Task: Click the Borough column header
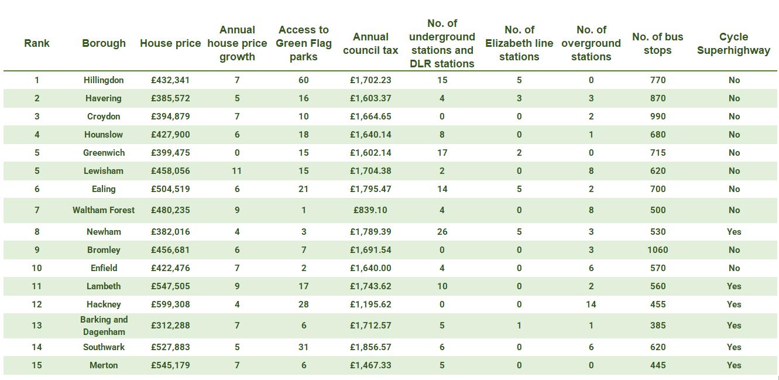104,43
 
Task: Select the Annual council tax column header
370,43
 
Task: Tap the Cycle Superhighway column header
733,43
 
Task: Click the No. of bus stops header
657,43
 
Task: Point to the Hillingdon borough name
104,80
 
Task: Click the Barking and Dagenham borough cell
104,326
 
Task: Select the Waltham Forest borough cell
104,210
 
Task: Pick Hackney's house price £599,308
170,304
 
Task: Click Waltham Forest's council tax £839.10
370,210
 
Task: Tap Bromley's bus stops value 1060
657,250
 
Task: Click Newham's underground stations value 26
442,232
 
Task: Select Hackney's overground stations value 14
591,304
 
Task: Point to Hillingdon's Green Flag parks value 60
303,80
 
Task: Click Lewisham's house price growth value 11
237,171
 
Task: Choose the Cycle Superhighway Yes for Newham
734,232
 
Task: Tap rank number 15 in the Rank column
37,365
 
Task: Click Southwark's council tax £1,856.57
370,347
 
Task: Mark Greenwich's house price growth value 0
237,153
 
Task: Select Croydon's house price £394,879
170,117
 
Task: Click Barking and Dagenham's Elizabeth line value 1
519,326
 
